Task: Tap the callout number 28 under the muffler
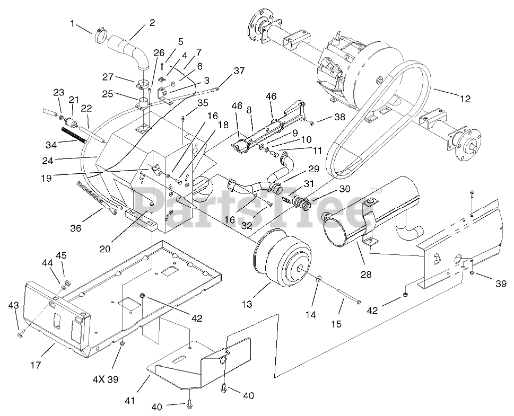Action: click(x=365, y=274)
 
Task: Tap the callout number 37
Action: click(x=239, y=71)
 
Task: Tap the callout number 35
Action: click(x=202, y=103)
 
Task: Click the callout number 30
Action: click(x=345, y=189)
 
